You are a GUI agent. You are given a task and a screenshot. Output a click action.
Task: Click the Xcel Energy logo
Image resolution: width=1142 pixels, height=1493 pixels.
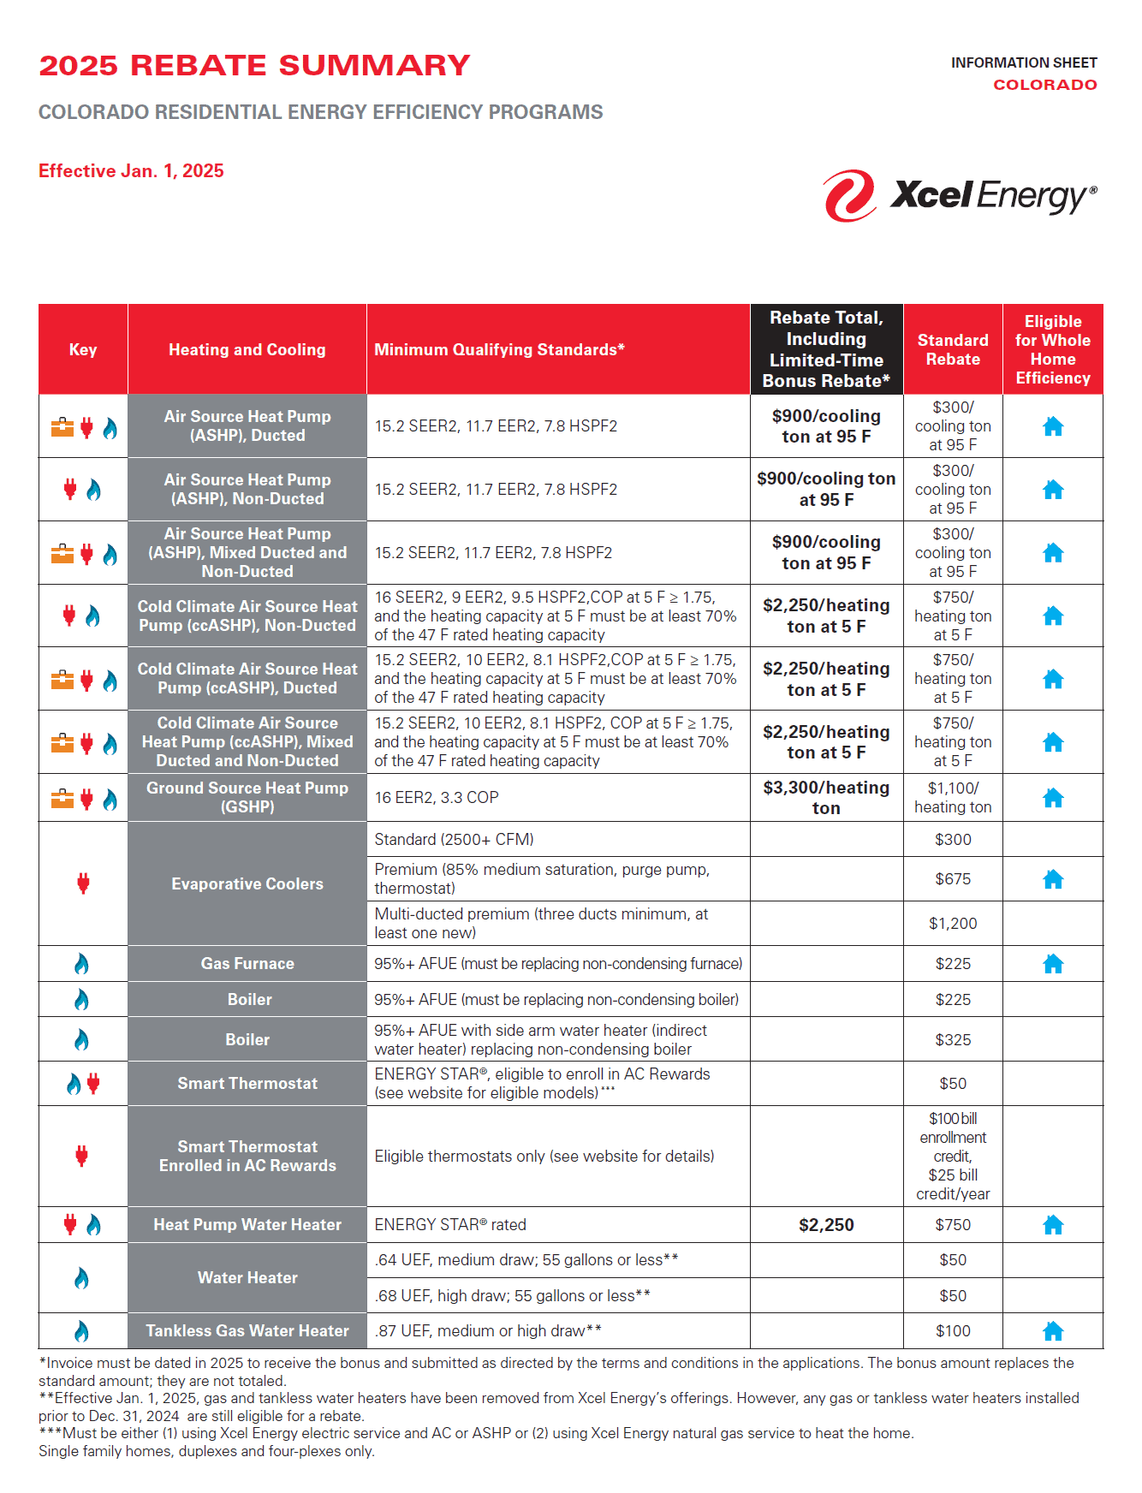tap(959, 195)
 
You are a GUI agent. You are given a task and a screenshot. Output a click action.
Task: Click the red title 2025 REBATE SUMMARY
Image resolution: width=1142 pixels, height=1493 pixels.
tap(254, 66)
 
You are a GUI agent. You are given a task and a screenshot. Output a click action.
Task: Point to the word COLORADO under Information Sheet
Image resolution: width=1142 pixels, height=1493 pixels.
tap(1044, 85)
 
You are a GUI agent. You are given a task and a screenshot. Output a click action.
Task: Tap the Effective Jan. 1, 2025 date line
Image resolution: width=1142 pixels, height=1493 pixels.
tap(131, 171)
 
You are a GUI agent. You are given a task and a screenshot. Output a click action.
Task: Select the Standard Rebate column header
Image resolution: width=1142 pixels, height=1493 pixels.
tap(952, 349)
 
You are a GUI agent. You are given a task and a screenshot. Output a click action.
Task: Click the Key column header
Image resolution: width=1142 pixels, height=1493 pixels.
tap(83, 349)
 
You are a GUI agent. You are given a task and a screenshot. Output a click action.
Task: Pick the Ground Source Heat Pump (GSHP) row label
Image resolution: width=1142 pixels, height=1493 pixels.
tap(247, 797)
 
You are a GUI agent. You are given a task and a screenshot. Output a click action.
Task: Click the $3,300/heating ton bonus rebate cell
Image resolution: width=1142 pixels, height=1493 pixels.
tap(826, 797)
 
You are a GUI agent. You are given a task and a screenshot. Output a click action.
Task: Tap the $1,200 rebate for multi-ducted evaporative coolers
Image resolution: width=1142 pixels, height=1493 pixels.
tap(952, 924)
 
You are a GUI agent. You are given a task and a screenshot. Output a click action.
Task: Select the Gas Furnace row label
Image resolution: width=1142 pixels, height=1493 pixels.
tap(247, 964)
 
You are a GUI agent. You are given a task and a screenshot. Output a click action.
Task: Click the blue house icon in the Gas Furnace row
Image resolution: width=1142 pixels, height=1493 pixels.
tap(1053, 964)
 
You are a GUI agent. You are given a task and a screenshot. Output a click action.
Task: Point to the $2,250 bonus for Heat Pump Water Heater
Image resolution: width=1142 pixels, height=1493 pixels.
tap(826, 1225)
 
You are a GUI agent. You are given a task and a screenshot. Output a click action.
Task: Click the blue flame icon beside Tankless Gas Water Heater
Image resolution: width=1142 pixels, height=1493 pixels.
tap(81, 1331)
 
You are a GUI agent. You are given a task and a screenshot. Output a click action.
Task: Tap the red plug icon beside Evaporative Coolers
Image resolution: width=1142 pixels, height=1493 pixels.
tap(83, 883)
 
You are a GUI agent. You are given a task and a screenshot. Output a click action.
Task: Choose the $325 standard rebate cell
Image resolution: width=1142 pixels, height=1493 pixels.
tap(952, 1040)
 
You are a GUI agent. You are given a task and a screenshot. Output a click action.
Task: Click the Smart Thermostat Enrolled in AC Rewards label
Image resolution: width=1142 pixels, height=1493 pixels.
tap(247, 1156)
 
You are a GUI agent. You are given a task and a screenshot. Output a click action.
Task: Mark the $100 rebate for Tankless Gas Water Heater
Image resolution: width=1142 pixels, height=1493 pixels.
tap(952, 1331)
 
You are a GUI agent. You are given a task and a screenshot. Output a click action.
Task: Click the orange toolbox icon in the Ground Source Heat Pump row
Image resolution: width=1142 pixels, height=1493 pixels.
tap(62, 800)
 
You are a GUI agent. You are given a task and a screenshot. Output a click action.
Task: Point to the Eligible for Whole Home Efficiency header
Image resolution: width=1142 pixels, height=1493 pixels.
tap(1053, 349)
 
